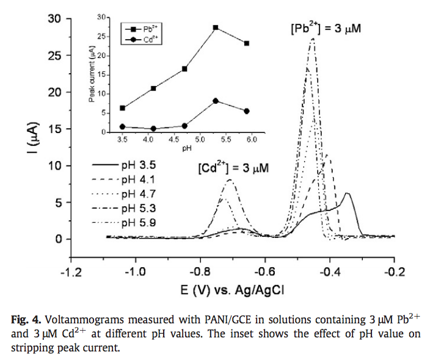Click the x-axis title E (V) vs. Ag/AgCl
231,289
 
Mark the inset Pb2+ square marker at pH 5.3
216,28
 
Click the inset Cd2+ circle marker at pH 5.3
216,101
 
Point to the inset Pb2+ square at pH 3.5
123,108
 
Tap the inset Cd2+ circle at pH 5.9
246,111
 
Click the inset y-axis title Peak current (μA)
91,76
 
